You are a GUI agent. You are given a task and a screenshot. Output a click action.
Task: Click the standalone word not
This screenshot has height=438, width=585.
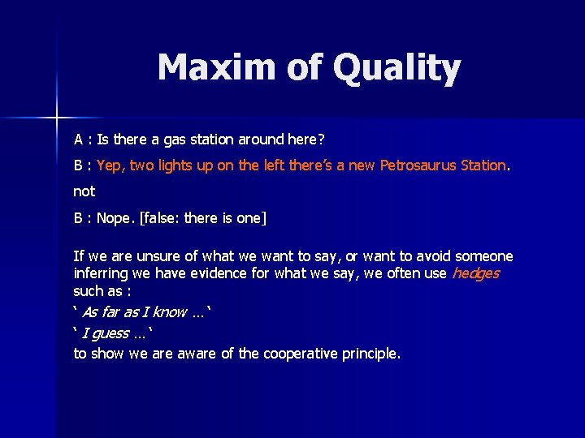(84, 191)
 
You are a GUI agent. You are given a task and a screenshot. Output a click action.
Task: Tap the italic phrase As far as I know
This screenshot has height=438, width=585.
(136, 312)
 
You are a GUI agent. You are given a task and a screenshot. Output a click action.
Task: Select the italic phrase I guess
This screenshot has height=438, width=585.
(106, 333)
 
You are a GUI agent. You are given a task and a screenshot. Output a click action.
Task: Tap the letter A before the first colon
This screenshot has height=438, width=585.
(79, 140)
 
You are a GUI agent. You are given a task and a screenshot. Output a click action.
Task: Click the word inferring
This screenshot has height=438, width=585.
(102, 273)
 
